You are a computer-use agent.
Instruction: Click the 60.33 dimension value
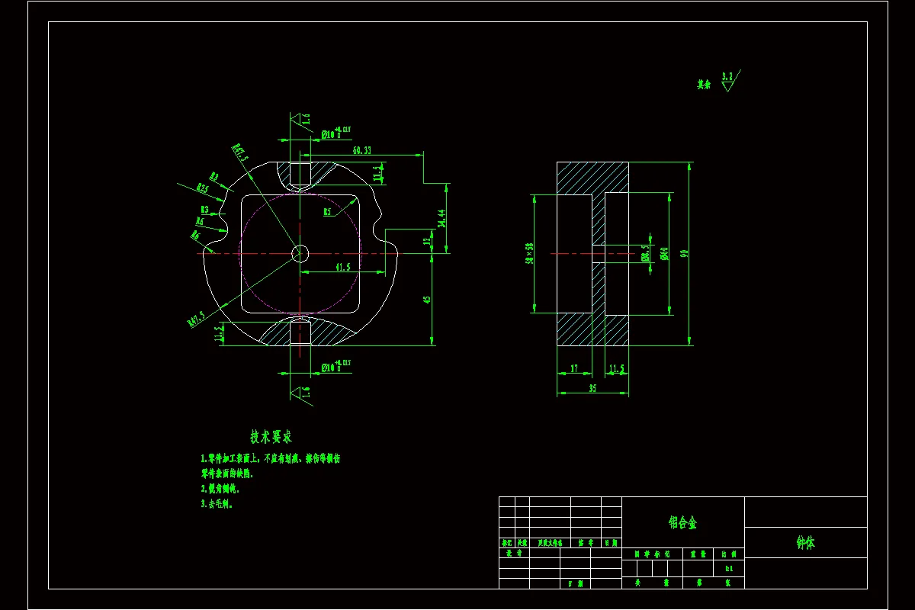point(361,150)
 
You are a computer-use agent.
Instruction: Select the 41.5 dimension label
point(342,267)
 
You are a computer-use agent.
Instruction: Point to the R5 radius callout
point(326,211)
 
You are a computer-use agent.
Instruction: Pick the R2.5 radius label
point(202,188)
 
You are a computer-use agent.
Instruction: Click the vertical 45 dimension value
point(427,300)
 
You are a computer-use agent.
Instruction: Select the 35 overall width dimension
point(592,388)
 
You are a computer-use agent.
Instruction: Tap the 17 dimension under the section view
point(574,369)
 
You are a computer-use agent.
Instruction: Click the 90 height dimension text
point(684,253)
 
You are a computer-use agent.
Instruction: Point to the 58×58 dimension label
point(528,253)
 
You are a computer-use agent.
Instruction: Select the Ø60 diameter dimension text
point(664,253)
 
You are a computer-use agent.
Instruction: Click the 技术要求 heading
point(271,437)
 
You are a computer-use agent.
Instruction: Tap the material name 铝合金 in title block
point(682,522)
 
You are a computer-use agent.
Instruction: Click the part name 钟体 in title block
point(805,543)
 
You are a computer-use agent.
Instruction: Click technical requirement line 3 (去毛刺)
point(217,504)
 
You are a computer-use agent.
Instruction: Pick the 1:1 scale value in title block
point(728,568)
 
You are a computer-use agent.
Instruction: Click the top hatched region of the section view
point(592,177)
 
